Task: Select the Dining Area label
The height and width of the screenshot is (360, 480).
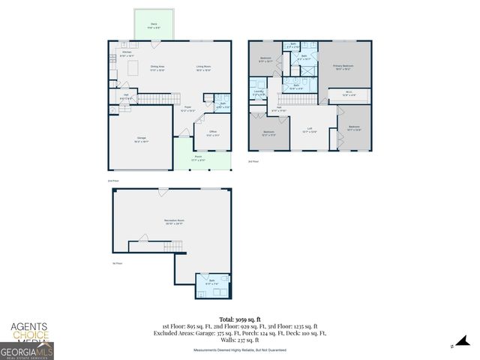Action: point(157,67)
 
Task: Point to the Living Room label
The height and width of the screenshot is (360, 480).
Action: point(203,67)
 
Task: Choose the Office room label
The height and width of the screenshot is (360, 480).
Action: point(212,133)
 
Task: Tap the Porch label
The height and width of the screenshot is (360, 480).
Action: point(199,158)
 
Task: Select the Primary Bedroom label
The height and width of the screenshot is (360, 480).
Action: point(343,67)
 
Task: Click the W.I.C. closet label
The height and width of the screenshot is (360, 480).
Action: point(348,94)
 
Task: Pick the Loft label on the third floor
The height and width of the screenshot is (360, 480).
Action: point(309,129)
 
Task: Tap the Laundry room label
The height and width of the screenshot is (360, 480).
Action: point(258,94)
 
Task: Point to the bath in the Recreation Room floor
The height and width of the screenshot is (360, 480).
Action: point(212,282)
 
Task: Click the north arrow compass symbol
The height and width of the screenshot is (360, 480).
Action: point(452,346)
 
